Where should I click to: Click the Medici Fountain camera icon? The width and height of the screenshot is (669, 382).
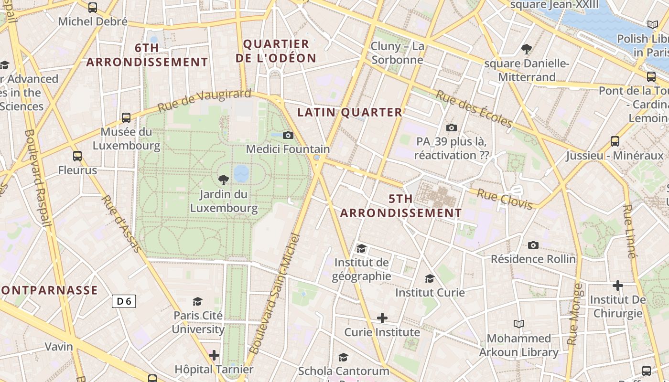click(x=288, y=136)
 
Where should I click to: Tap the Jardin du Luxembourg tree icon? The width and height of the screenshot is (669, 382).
click(x=223, y=180)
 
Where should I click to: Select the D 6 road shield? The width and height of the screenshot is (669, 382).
click(x=124, y=301)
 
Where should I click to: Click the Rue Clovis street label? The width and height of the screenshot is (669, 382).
click(x=505, y=199)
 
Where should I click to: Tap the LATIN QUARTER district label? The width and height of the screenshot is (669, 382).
click(x=350, y=113)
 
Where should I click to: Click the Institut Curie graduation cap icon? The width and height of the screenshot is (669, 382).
click(x=430, y=278)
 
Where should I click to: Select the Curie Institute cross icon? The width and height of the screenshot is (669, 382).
click(x=382, y=318)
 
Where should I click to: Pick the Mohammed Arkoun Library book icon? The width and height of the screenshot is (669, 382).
click(x=518, y=324)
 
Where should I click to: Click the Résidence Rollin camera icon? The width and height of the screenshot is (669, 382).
click(x=533, y=245)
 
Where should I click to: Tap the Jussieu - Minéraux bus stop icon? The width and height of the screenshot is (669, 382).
click(x=615, y=141)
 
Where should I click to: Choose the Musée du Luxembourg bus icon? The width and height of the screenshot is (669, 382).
click(x=126, y=117)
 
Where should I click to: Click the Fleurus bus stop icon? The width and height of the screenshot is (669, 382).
click(x=77, y=156)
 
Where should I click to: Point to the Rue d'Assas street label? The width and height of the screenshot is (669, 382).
click(x=122, y=223)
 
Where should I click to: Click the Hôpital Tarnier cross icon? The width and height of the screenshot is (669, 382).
click(x=214, y=355)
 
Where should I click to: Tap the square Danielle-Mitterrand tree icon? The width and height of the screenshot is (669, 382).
click(x=527, y=49)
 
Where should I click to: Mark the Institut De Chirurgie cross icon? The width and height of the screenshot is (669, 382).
click(x=618, y=286)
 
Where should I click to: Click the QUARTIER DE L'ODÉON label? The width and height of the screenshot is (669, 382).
click(x=280, y=51)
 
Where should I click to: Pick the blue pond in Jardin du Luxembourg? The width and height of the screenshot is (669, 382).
click(x=241, y=174)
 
